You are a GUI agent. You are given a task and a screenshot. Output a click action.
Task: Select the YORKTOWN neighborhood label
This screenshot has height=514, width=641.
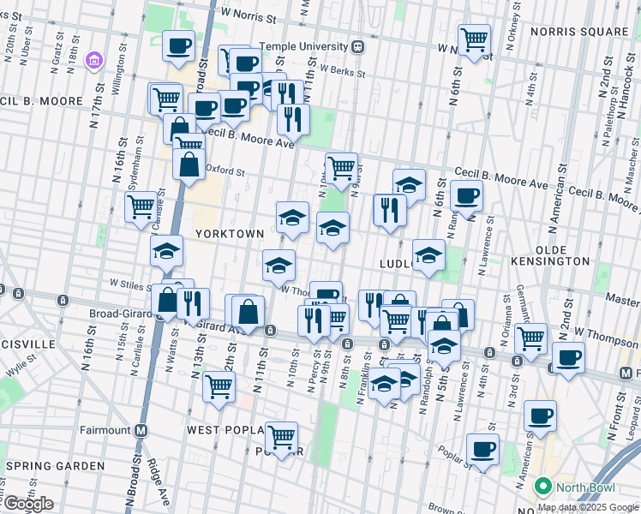(x=223, y=233)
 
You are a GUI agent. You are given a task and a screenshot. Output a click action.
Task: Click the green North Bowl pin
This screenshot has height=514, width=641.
(x=542, y=487)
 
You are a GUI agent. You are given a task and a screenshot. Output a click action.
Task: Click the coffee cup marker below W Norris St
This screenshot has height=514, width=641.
(x=178, y=46)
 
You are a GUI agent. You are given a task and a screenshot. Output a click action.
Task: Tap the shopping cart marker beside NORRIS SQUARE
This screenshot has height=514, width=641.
(x=473, y=39)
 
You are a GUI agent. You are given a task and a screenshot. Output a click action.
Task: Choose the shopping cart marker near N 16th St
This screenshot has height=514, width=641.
(x=141, y=206)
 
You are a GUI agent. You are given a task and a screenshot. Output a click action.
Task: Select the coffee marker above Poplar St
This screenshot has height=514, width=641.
(x=482, y=449)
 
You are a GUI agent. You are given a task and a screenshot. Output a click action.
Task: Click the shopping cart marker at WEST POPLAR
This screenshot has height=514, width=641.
(x=281, y=438)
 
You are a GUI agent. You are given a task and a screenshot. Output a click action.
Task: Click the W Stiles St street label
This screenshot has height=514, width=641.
(x=129, y=283)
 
